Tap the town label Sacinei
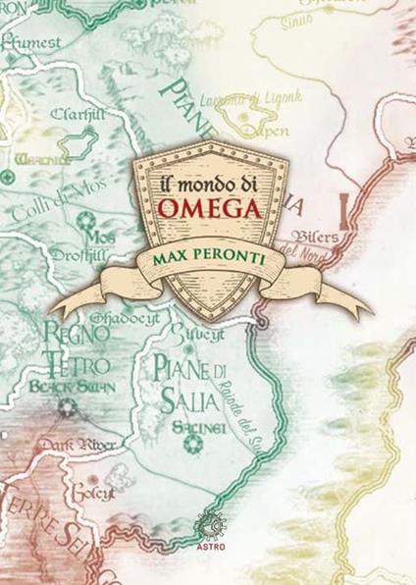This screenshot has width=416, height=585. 191,429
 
